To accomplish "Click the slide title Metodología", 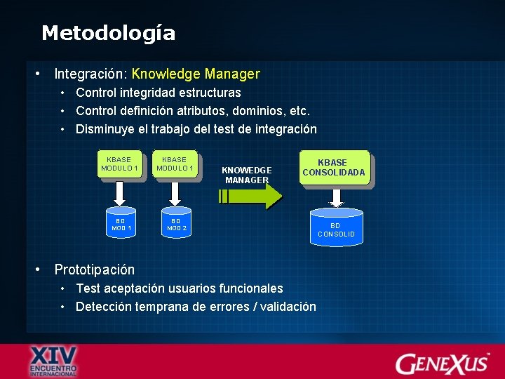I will point(108,33).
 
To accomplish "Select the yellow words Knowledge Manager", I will point(196,74).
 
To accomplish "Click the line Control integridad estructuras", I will point(158,93).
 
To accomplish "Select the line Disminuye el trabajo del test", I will point(196,129).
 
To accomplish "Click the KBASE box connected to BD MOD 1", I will point(120,164).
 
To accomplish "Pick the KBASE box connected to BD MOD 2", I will point(175,164).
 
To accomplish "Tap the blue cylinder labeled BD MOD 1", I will point(121,222).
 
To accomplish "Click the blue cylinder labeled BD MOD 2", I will point(175,222).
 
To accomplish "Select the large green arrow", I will point(250,197).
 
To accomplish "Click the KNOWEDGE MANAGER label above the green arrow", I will point(246,175).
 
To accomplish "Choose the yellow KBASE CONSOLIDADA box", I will point(334,167).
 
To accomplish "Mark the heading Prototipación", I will point(94,270).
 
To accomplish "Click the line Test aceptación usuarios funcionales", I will point(179,288).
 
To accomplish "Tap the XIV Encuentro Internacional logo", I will point(54,361).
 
